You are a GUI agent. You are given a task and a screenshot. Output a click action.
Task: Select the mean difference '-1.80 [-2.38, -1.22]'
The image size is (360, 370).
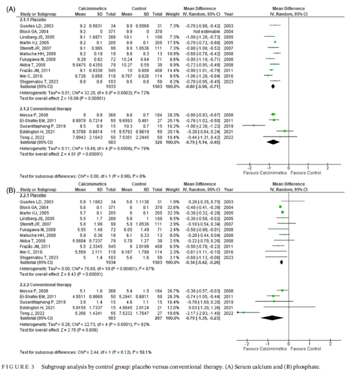[x=203, y=125]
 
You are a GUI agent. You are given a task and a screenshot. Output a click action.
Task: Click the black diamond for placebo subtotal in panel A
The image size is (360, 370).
[x=273, y=86]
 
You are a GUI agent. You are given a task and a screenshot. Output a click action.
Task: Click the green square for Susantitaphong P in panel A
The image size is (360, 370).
[x=254, y=125]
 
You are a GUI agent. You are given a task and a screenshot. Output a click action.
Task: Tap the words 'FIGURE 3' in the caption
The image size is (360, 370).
[x=18, y=366]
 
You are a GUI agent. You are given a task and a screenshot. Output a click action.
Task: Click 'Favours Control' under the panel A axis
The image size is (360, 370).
[x=307, y=173]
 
